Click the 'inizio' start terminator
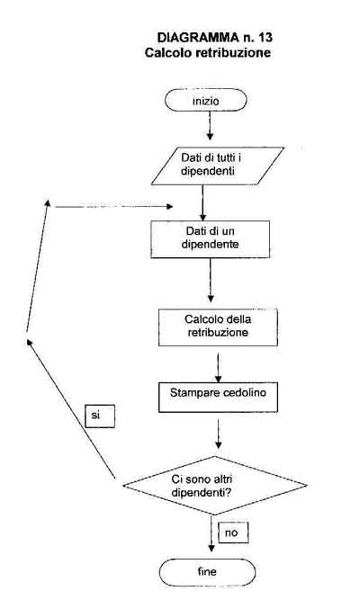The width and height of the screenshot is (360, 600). (x=206, y=100)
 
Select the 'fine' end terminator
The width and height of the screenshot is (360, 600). (x=207, y=572)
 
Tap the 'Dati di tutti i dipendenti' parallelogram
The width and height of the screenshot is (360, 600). (x=217, y=166)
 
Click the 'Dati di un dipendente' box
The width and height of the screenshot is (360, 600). (x=210, y=238)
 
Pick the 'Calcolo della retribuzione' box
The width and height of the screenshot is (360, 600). (x=218, y=327)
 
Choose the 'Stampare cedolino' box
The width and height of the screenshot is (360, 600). (x=218, y=398)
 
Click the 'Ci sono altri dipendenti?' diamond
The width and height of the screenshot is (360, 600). (x=215, y=485)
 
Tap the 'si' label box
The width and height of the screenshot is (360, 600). (x=100, y=416)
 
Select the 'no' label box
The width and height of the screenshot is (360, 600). (x=233, y=533)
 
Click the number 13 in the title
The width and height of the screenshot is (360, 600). (x=265, y=38)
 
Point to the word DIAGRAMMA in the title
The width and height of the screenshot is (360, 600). (x=198, y=38)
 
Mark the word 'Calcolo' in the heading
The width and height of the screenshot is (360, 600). (x=169, y=52)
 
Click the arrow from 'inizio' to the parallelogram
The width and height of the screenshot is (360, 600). (x=210, y=126)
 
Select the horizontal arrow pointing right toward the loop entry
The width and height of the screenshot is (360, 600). (x=113, y=207)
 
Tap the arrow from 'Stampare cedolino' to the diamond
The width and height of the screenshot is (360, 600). (x=218, y=434)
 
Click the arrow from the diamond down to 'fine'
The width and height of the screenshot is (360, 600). (x=211, y=533)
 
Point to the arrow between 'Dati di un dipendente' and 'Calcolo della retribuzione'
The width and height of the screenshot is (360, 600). (x=211, y=280)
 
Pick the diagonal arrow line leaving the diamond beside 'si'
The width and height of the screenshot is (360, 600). (x=71, y=408)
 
